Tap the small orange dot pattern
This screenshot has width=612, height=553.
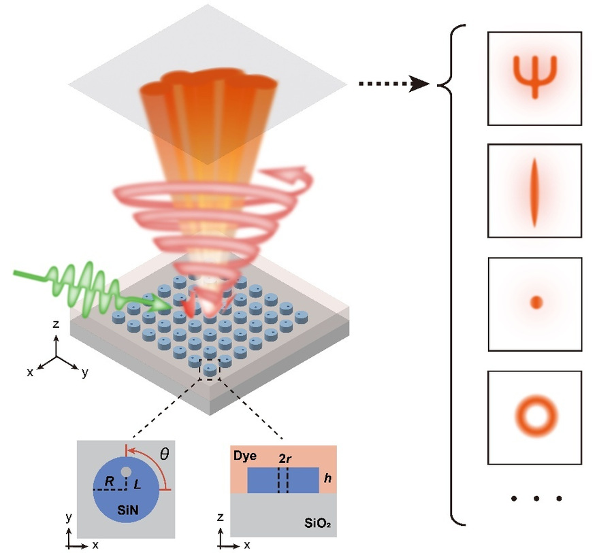tap(535, 302)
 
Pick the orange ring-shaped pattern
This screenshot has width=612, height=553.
tap(535, 414)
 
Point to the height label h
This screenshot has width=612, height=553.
tap(327, 479)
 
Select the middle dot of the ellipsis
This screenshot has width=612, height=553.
tap(536, 499)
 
